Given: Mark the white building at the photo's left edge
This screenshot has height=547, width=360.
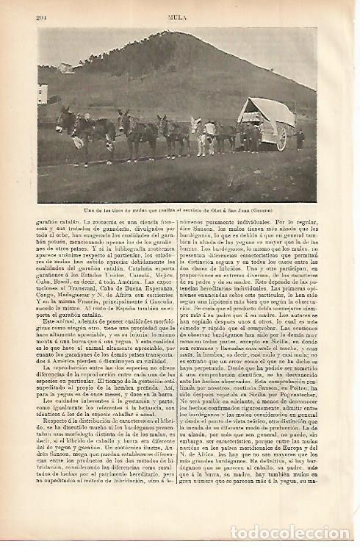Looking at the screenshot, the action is pyautogui.click(x=43, y=93).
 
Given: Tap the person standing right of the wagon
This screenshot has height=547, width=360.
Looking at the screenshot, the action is pyautogui.click(x=300, y=138).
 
